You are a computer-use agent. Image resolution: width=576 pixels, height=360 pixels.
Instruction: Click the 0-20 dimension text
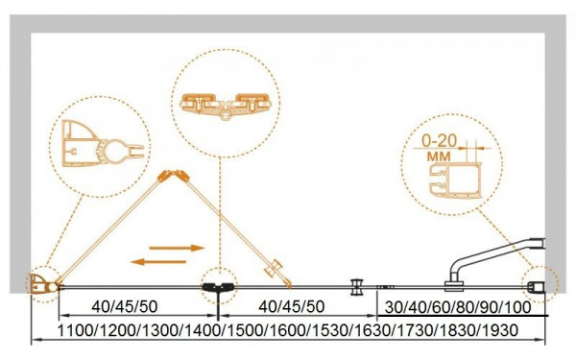pos(440,141)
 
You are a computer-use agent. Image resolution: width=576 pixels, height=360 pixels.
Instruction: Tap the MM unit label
pos(439,156)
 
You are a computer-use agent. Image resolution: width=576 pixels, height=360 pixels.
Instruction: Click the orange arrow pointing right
pos(177,248)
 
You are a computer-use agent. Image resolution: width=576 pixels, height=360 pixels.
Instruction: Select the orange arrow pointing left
pos(158,262)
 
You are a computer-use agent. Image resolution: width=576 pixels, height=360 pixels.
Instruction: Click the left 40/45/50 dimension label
pos(125,307)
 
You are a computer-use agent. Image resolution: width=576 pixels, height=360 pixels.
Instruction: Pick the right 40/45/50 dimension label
pos(292,307)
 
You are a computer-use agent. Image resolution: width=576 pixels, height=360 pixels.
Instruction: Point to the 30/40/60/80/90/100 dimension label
pos(458,307)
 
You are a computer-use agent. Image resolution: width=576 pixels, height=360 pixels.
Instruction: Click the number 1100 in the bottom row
pos(75,330)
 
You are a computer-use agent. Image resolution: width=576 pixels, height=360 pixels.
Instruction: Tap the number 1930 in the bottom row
pos(500,330)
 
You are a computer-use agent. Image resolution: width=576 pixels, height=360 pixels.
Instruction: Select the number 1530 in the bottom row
pos(330,330)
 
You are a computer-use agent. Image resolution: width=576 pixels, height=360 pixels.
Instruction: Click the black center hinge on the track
pos(218,287)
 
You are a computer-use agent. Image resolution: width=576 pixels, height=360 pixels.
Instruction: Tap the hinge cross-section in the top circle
pos(226,106)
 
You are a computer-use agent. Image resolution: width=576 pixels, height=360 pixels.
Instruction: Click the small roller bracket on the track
pos(357,286)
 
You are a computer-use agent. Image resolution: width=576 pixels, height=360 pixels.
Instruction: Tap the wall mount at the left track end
pos(42,284)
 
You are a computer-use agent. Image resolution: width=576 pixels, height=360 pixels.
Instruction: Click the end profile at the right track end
pos(537,286)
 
